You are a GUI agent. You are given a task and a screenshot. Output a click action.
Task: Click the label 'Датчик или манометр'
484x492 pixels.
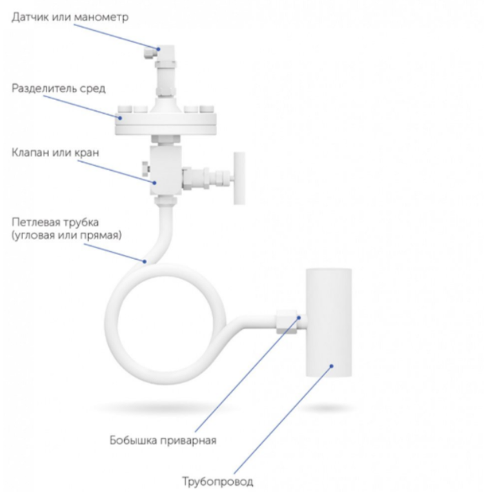click(x=70, y=17)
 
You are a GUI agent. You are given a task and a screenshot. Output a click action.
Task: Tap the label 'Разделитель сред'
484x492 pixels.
click(x=59, y=88)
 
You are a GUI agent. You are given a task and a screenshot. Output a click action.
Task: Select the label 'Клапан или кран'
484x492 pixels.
click(x=56, y=152)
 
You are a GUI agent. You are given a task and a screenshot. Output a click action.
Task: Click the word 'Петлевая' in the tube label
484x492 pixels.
click(x=35, y=222)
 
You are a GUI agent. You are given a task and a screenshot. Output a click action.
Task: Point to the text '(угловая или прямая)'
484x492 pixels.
click(x=67, y=235)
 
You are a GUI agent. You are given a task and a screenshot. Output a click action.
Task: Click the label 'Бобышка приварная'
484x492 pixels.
click(x=163, y=440)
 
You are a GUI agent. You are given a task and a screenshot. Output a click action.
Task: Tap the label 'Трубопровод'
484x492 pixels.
click(x=218, y=481)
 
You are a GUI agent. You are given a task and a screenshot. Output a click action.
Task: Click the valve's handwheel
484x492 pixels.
click(x=239, y=178)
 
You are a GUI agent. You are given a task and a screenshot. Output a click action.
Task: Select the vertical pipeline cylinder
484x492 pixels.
click(x=329, y=322)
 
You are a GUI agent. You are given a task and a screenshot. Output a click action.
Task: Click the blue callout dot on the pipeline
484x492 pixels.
click(x=332, y=366)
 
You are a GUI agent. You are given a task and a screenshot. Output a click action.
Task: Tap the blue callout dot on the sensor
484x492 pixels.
click(x=159, y=49)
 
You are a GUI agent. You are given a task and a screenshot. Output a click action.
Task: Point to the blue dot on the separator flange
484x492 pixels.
click(x=120, y=118)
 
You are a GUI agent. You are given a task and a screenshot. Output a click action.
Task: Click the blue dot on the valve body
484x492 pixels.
click(x=154, y=183)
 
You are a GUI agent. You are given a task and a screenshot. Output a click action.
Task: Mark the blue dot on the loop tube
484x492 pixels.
click(x=144, y=261)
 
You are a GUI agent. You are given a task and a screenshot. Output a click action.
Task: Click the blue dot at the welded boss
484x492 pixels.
click(x=299, y=318)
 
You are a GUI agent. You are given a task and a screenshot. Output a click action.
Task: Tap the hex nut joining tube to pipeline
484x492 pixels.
click(x=287, y=322)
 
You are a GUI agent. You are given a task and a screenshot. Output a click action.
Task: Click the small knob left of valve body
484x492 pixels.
click(x=145, y=169)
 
